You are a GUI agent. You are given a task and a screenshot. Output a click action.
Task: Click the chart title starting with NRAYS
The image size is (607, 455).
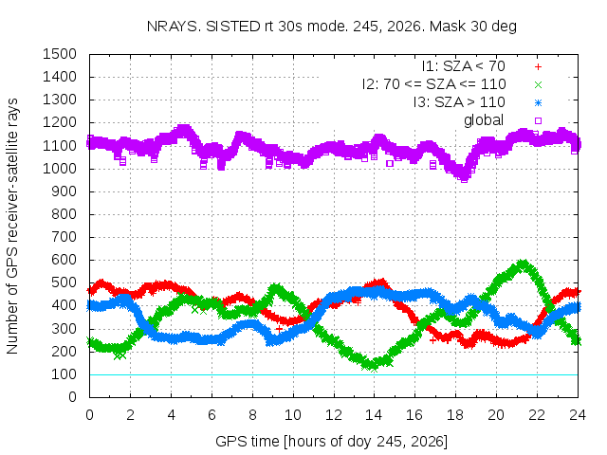[331, 27]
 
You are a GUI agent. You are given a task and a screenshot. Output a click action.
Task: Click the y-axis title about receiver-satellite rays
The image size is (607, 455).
[12, 226]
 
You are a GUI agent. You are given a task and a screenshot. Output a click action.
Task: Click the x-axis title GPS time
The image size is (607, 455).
[331, 441]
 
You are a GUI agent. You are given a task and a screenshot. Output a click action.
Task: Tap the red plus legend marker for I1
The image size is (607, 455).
[538, 67]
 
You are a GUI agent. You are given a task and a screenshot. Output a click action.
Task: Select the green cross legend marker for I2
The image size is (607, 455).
[538, 84]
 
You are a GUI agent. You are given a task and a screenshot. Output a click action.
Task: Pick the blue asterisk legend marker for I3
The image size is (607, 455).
[538, 103]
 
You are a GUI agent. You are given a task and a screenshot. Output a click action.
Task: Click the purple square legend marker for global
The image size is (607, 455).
[538, 120]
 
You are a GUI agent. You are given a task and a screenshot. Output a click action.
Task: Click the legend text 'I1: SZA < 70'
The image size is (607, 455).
[463, 66]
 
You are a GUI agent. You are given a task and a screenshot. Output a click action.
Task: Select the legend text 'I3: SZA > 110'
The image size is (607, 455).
[459, 102]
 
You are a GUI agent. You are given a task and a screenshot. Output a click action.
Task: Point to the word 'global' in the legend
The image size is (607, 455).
[484, 120]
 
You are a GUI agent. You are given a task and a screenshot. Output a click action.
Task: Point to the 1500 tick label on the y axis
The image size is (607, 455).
[60, 54]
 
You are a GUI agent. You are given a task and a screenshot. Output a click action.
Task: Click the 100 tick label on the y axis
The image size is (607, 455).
[64, 374]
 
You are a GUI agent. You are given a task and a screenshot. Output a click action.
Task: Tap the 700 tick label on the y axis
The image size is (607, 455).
[64, 237]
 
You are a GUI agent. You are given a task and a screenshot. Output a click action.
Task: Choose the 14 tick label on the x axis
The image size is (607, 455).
[374, 415]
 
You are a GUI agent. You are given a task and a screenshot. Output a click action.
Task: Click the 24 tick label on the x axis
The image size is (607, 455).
[578, 415]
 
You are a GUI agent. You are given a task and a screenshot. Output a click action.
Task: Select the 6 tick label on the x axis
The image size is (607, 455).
[212, 415]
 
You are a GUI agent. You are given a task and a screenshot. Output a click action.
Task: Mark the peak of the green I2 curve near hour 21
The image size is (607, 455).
[523, 264]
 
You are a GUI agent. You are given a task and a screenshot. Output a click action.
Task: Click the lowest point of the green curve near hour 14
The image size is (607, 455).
[374, 368]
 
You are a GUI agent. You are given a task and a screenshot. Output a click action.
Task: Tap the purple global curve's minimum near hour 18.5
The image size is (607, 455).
[464, 179]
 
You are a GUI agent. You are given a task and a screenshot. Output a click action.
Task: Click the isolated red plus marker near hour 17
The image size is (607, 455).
[432, 340]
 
